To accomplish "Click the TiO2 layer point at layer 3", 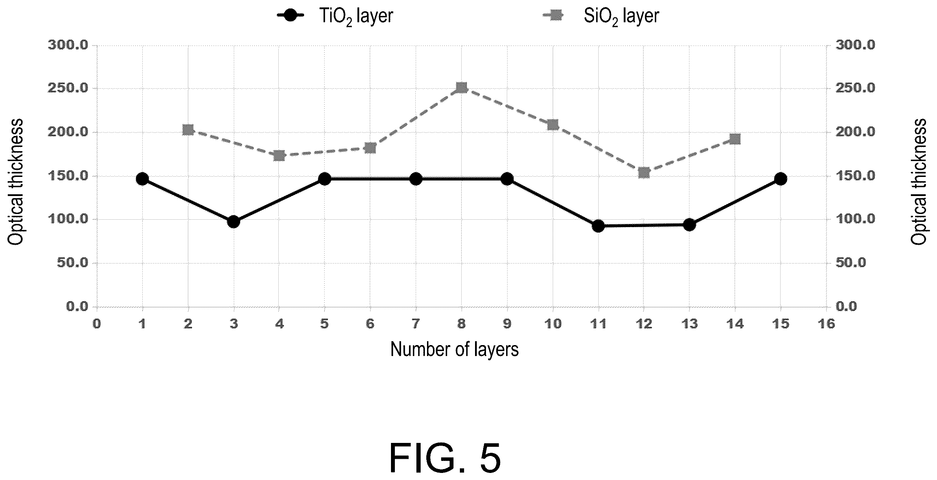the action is coord(233,222).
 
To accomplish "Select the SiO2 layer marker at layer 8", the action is coord(461,88).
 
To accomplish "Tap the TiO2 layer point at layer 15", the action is coord(781,179).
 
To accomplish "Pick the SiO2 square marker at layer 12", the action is coord(644,172).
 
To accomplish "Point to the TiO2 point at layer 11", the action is coord(598,226).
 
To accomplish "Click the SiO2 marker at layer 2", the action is coord(188,130).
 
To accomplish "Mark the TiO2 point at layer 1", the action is coord(142,179).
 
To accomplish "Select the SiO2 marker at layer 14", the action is coord(735,139).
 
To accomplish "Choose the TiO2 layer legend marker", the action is coord(290,16).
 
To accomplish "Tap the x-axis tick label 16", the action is coord(826,323).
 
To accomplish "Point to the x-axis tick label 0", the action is coord(97,323).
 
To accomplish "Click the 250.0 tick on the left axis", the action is coord(68,88).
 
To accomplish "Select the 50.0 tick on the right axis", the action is coord(851,262).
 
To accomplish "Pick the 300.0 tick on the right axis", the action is coord(855,45).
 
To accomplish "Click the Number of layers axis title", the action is coord(454,349).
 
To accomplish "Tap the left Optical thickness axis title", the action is coord(16,182).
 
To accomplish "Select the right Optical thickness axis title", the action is coord(919,182).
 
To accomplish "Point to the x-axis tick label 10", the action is coord(553,323).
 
